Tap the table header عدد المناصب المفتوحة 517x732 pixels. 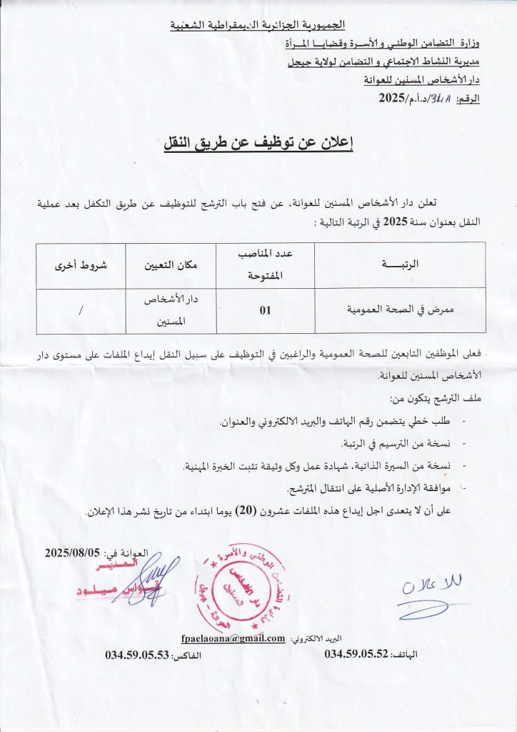(x=265, y=264)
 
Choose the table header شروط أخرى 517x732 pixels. (x=80, y=265)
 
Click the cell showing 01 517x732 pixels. (x=265, y=312)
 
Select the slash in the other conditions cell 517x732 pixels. (x=80, y=312)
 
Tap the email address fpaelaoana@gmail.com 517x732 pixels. (x=234, y=638)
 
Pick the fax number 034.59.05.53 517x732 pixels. (x=136, y=654)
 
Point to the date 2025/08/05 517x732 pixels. (x=74, y=553)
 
